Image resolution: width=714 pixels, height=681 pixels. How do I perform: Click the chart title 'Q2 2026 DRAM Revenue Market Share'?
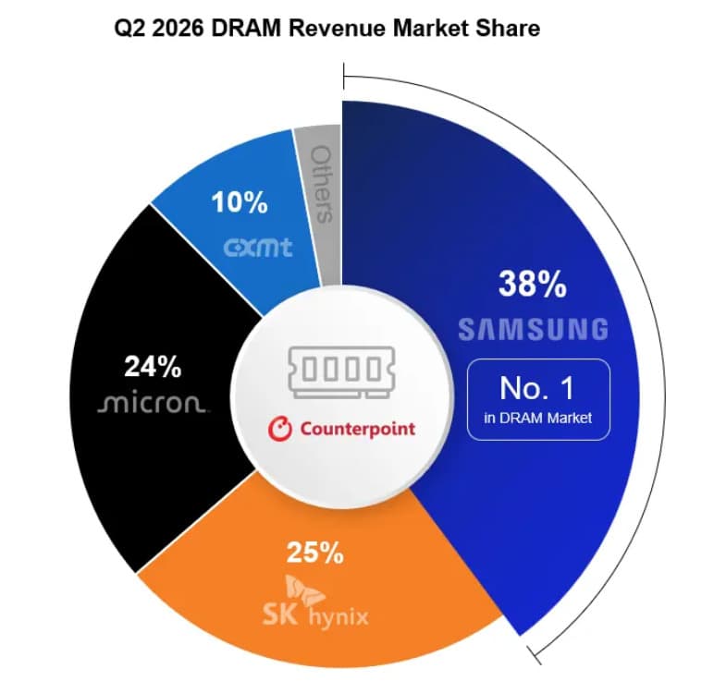[327, 29]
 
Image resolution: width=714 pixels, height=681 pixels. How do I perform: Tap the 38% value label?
[533, 284]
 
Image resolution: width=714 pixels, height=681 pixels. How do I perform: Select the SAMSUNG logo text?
[534, 329]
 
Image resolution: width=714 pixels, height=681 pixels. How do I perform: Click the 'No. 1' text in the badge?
[536, 388]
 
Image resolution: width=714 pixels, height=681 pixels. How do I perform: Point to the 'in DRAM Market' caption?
[537, 418]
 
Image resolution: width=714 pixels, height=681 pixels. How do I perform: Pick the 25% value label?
[315, 553]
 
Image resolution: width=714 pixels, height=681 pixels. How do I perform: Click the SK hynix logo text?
[315, 616]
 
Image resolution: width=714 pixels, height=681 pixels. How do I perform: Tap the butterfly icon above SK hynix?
[304, 590]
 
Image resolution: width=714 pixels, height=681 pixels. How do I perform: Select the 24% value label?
[153, 366]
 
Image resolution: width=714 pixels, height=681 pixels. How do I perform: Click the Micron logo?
[153, 403]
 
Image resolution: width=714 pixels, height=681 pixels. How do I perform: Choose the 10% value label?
[239, 202]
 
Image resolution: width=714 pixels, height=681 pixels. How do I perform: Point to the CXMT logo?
[258, 248]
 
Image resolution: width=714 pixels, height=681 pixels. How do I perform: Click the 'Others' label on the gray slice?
[322, 184]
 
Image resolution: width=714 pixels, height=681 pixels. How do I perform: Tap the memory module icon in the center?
[341, 372]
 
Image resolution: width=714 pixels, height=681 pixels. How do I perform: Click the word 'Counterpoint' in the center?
[357, 429]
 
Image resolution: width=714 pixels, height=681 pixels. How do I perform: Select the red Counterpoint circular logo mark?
[279, 429]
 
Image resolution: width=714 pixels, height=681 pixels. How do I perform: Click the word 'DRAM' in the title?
[246, 29]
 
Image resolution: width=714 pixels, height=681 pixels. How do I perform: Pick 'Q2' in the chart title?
[129, 29]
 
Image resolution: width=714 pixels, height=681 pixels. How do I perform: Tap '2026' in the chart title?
[178, 29]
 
